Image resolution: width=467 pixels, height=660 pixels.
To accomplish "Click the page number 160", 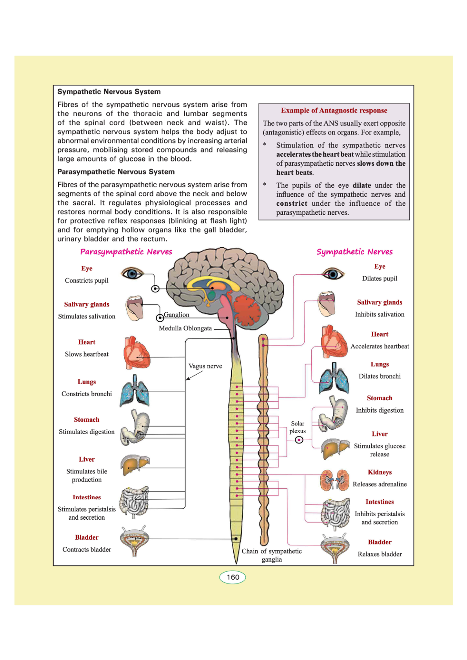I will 233,577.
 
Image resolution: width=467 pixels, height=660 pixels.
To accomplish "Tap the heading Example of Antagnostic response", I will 334,111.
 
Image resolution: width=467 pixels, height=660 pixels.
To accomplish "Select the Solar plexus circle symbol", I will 299,440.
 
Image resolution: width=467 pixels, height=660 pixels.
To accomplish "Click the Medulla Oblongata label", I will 185,328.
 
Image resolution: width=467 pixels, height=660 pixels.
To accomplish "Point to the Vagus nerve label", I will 205,366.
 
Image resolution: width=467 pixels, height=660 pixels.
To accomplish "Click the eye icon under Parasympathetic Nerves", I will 132,273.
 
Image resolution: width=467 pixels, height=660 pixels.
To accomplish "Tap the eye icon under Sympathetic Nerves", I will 333,273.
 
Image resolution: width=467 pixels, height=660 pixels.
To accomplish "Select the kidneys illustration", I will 334,480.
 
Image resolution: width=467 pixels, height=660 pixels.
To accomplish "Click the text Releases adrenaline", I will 380,484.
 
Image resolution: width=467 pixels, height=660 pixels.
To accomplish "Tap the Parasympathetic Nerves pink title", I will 126,252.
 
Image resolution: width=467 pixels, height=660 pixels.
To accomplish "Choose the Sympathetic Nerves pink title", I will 354,252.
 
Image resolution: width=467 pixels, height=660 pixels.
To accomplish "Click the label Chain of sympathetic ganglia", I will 272,555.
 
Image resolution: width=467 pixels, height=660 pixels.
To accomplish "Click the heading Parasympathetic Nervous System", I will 116,172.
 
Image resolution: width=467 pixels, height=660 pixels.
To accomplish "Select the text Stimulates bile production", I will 87,475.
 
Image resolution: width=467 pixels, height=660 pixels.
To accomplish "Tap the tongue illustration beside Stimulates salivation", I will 135,308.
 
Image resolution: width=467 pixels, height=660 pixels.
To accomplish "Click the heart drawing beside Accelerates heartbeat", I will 333,342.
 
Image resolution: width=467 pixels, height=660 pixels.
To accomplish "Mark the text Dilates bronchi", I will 380,376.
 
